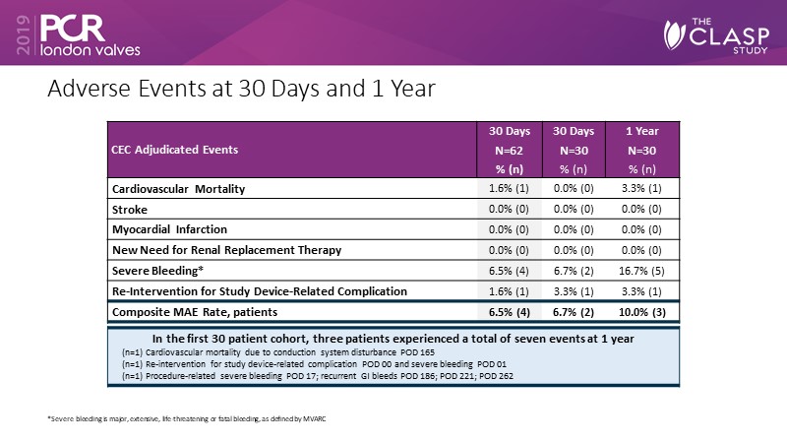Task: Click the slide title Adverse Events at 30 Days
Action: (242, 89)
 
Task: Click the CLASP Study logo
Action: (719, 37)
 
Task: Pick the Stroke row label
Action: (133, 209)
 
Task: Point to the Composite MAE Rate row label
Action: (193, 312)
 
